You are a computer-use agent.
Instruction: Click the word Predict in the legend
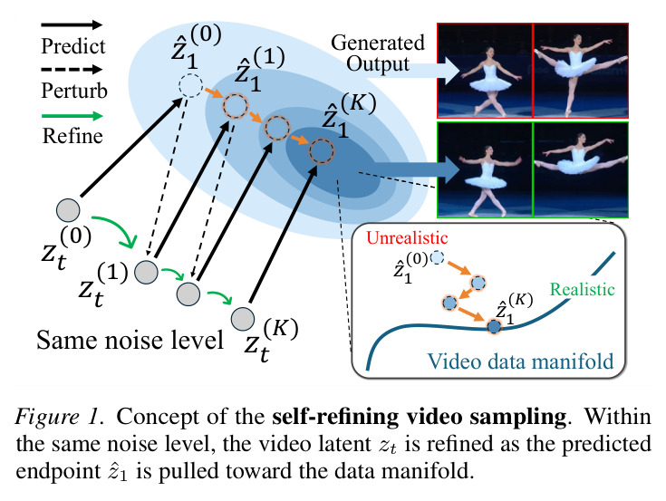73,46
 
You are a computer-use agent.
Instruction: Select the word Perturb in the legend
74,91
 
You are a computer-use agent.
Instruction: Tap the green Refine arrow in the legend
72,115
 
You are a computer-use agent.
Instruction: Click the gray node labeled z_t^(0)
68,210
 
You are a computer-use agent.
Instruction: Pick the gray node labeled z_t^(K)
243,318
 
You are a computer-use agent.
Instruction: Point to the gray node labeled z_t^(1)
147,272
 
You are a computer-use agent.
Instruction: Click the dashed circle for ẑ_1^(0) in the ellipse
190,85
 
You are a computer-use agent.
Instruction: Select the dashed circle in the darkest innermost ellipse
322,151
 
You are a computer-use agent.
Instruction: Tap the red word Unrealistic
407,237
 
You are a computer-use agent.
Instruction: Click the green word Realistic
583,289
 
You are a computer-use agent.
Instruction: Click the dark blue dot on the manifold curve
494,326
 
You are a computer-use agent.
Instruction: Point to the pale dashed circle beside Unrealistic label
437,257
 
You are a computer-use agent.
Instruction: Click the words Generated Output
378,53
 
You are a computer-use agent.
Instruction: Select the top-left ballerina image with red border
485,71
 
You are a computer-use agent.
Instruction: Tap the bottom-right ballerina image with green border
581,169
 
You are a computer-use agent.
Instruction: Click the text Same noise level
130,340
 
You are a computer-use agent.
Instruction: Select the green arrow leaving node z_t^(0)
115,229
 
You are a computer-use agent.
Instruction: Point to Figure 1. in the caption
60,417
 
